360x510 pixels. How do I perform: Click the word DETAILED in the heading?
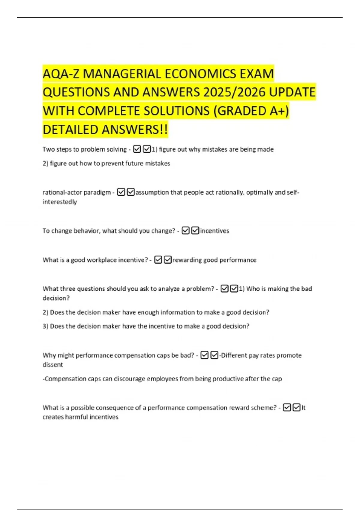pyautogui.click(x=71, y=130)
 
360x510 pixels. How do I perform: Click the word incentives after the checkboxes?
pyautogui.click(x=214, y=231)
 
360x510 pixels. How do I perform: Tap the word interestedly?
pyautogui.click(x=60, y=202)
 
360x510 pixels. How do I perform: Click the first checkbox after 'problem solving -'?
pyautogui.click(x=137, y=149)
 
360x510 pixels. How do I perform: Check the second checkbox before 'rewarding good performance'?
pyautogui.click(x=168, y=260)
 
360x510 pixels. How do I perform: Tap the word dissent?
pyautogui.click(x=53, y=365)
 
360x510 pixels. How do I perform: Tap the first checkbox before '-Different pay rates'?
pyautogui.click(x=204, y=355)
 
